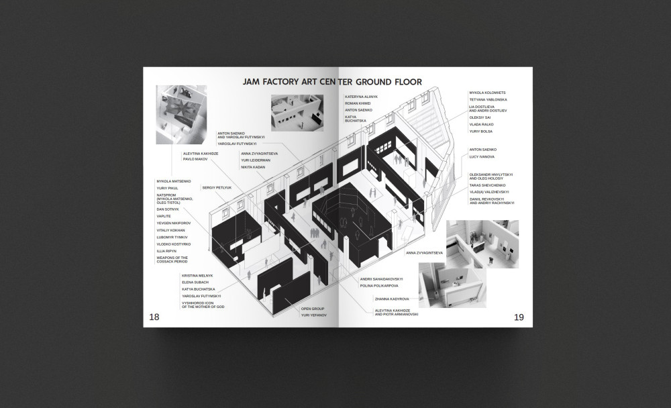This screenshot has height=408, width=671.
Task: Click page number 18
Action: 154,317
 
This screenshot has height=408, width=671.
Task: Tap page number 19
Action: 518,317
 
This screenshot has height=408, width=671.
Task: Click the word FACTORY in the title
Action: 289,82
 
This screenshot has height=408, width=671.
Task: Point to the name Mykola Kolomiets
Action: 486,93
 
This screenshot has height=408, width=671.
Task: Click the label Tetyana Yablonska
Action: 487,100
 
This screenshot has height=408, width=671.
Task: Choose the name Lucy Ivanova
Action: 482,156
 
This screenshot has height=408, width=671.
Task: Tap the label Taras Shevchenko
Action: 488,185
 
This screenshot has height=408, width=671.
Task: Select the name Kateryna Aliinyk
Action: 362,97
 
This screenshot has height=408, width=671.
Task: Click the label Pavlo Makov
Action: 195,160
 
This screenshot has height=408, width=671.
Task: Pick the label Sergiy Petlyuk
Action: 216,188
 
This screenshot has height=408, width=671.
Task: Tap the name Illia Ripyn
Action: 166,251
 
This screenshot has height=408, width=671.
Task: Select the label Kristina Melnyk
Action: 197,276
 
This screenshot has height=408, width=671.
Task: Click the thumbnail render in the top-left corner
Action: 180,114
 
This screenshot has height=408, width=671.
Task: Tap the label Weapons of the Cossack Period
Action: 172,259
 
